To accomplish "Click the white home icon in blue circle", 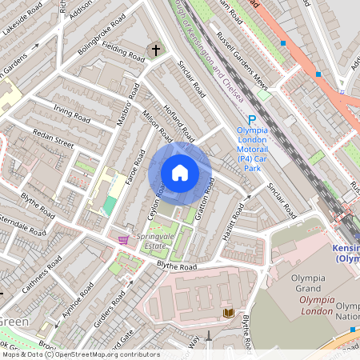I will [x=180, y=173].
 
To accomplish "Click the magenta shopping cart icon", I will [x=123, y=239].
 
